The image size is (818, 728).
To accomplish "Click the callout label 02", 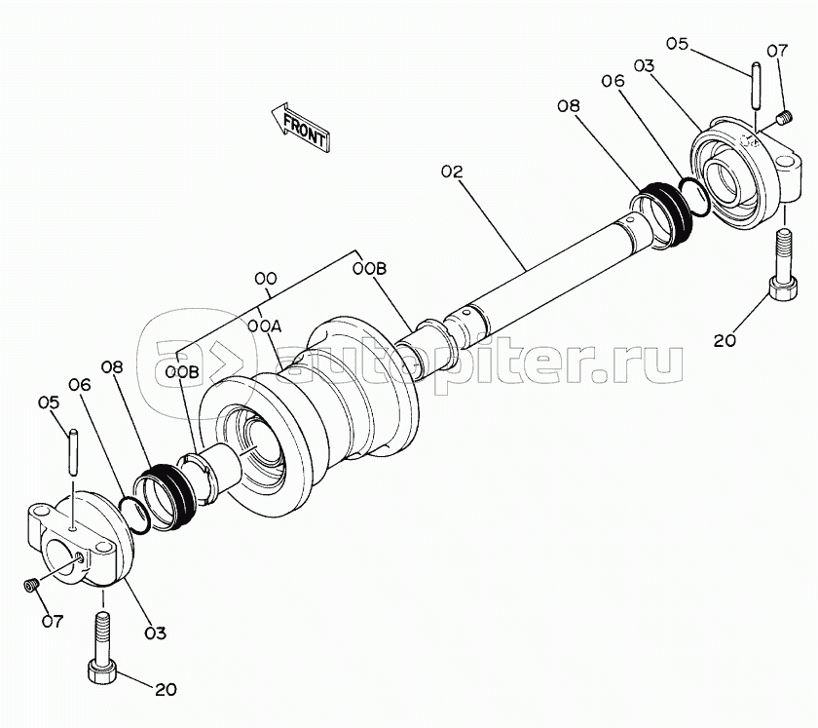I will [x=452, y=172].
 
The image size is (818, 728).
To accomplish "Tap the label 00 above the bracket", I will [x=265, y=280].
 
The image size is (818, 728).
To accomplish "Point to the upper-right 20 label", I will [x=725, y=340].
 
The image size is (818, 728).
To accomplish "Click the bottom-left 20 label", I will [x=166, y=689].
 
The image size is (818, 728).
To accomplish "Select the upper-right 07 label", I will [x=777, y=50].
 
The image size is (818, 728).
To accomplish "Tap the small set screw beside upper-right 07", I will [x=781, y=119].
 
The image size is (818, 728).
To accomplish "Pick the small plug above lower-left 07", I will [x=30, y=584].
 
